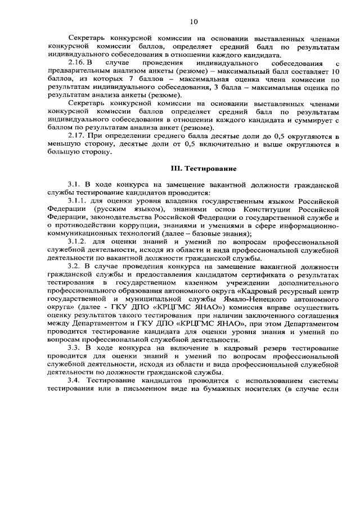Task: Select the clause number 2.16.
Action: tap(76, 64)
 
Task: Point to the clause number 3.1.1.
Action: tap(78, 201)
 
